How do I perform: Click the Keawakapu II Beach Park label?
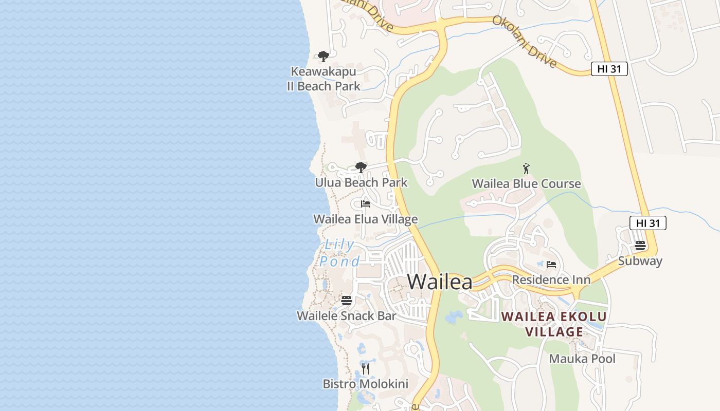(x=323, y=79)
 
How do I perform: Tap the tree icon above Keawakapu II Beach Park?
(x=323, y=56)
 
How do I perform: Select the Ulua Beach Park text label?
(x=361, y=182)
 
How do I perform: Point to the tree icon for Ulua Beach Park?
(x=361, y=167)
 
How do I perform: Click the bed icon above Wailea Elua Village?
(x=366, y=204)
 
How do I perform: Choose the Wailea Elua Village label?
(x=365, y=219)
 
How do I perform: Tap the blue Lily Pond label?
(x=339, y=253)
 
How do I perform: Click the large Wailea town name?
(x=440, y=282)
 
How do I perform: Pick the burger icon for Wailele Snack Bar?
(x=347, y=300)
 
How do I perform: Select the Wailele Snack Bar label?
(x=347, y=315)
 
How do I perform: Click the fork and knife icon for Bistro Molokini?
(x=366, y=368)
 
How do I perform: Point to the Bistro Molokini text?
(x=365, y=384)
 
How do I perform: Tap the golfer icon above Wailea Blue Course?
(x=526, y=169)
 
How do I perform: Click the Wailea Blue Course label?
(x=526, y=183)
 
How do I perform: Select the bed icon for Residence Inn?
(x=551, y=265)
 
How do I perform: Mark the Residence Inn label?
(x=551, y=280)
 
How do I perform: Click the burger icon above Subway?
(x=640, y=245)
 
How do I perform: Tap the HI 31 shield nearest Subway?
(x=647, y=223)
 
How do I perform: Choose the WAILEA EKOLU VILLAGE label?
(x=554, y=324)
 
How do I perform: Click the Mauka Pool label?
(x=582, y=359)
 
